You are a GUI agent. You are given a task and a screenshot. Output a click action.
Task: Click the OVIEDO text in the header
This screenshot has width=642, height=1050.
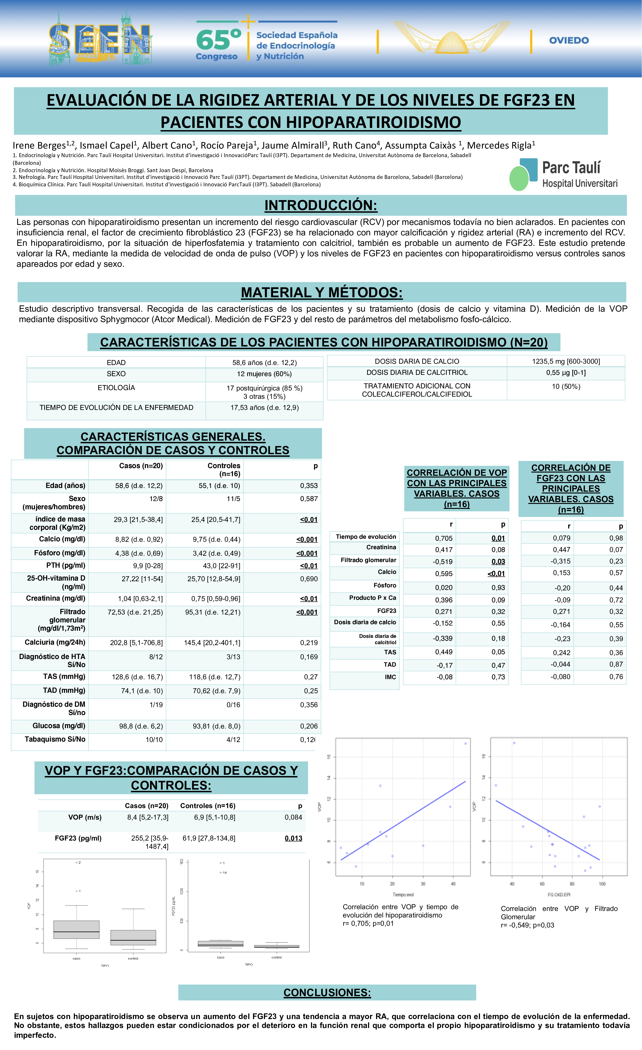pyautogui.click(x=569, y=41)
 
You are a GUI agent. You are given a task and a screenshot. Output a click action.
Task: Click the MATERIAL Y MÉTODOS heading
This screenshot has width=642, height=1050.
pyautogui.click(x=321, y=292)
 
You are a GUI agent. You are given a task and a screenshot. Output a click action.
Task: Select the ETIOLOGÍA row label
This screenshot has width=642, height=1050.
pyautogui.click(x=116, y=388)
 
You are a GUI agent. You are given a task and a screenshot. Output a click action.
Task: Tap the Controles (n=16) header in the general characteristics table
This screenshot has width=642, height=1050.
pyautogui.click(x=223, y=470)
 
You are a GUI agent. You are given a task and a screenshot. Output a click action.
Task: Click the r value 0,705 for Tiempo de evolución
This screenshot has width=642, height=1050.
pyautogui.click(x=444, y=538)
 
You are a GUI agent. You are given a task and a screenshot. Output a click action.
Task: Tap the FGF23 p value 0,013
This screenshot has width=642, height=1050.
pyautogui.click(x=293, y=838)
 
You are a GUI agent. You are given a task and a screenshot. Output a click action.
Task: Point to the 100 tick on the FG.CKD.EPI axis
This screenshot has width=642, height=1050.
pyautogui.click(x=602, y=884)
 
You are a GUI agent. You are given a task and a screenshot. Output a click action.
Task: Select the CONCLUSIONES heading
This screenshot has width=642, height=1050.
pyautogui.click(x=327, y=992)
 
